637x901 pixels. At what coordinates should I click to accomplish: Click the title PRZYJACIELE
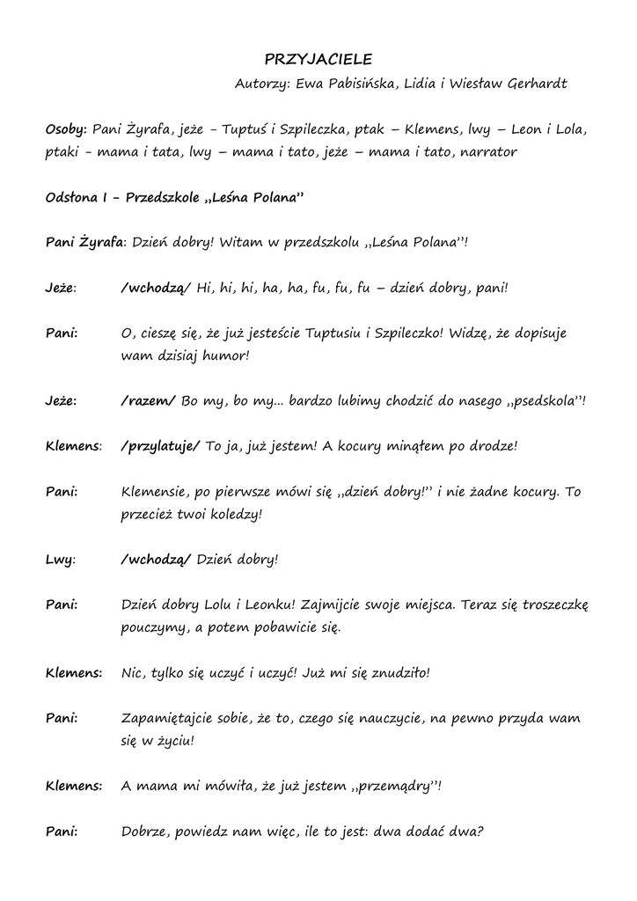[318, 60]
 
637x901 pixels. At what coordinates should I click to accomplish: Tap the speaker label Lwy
[58, 560]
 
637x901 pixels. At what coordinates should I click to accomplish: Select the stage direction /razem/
[148, 401]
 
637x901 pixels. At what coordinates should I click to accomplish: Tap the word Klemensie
[154, 492]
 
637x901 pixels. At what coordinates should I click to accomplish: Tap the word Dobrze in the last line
[145, 831]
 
